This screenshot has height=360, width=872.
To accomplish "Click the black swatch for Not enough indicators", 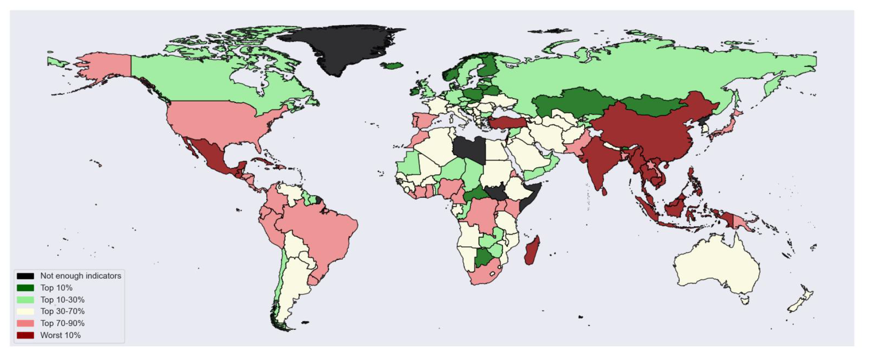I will (x=25, y=276).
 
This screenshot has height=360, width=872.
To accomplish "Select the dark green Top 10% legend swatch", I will (x=25, y=288).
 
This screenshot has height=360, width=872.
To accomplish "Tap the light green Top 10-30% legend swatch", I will (x=25, y=300).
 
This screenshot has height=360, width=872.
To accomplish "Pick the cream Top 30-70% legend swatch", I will (x=25, y=311).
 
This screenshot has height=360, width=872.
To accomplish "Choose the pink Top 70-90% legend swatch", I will (x=25, y=323).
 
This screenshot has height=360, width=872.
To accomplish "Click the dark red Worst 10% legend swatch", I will (x=25, y=335).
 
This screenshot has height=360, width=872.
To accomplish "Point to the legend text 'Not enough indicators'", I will (x=80, y=276).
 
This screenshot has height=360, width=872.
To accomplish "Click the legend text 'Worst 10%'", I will (x=60, y=335).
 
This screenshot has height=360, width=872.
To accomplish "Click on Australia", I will (x=717, y=265).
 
